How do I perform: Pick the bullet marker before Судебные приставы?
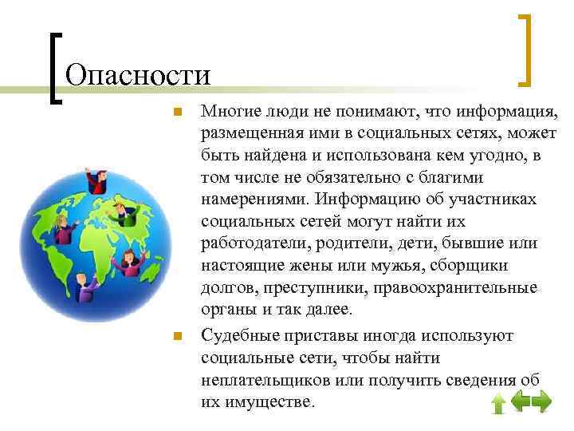point(179,336)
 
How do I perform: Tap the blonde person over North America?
point(64,228)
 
